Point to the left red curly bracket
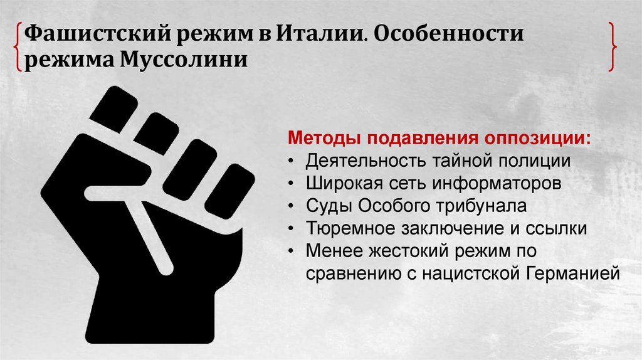click(18, 46)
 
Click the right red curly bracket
click(612, 46)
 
